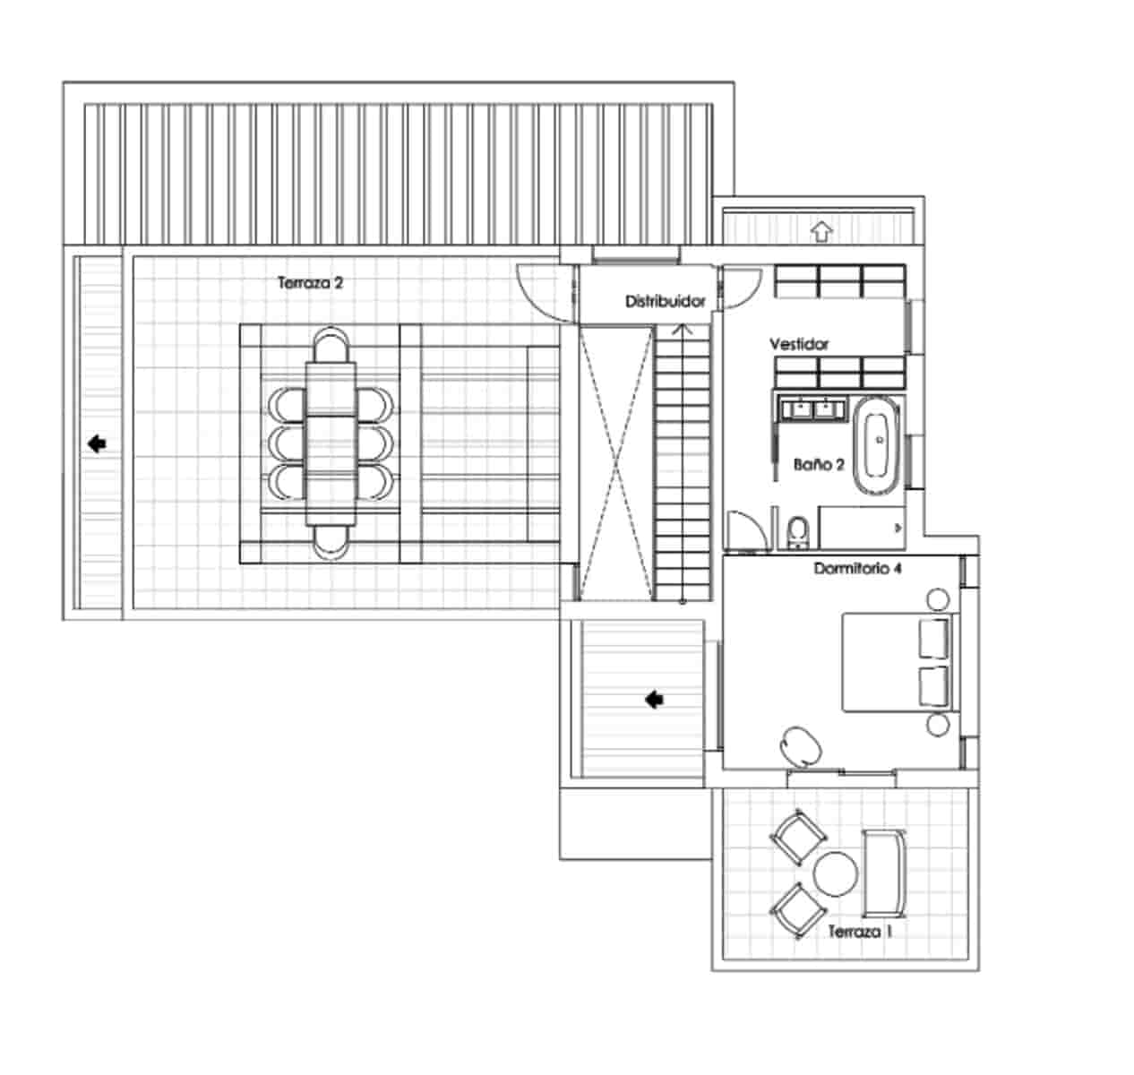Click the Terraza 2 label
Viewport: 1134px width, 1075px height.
[x=310, y=283]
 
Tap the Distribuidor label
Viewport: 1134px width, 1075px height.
[x=665, y=301]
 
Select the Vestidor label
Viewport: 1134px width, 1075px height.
[x=799, y=344]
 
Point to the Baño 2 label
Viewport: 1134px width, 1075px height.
[x=819, y=465]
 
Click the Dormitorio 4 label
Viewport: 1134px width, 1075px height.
[x=858, y=568]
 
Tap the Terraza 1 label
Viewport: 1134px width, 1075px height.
[x=860, y=932]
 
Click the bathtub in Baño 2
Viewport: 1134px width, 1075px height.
[x=877, y=445]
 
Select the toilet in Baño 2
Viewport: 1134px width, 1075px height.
[x=798, y=531]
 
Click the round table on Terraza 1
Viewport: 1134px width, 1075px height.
[x=835, y=874]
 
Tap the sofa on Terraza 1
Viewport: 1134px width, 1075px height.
[x=884, y=873]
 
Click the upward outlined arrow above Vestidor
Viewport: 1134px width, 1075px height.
[x=821, y=231]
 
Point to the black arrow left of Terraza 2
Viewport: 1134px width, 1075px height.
[x=97, y=443]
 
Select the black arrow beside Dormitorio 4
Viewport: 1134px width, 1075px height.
[x=654, y=700]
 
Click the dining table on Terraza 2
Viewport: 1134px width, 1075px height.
[x=331, y=443]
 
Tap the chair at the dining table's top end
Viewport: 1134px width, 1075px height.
[x=331, y=345]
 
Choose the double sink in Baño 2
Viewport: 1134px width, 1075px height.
[x=813, y=409]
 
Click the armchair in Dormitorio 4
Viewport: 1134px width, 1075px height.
[x=801, y=745]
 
